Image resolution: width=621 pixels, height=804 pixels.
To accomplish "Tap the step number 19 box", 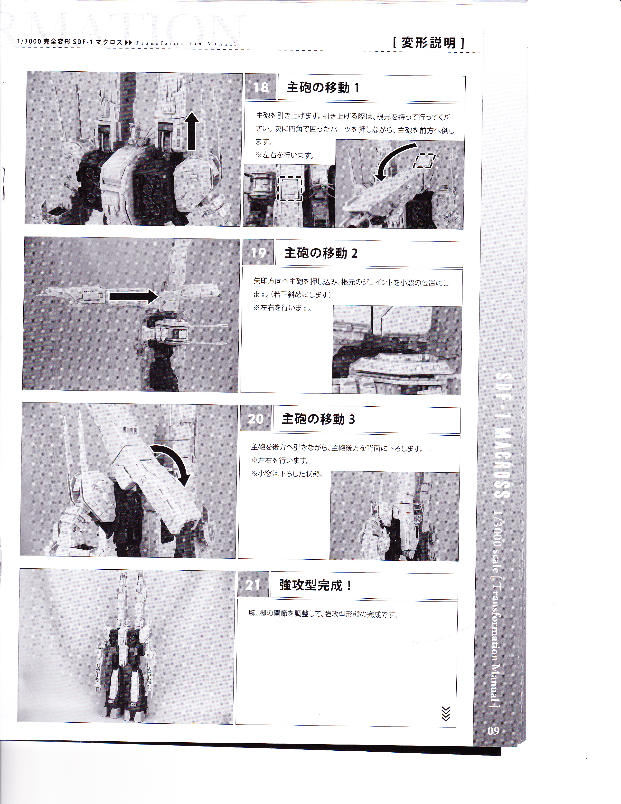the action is coord(258,253).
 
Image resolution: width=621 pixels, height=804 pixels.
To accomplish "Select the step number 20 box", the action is coord(256,419).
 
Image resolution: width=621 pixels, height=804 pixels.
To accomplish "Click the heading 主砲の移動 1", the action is coord(323,88).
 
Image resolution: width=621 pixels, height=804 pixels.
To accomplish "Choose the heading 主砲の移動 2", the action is coord(321,253).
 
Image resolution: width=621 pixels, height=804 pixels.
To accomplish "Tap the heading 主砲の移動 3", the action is coord(319,419).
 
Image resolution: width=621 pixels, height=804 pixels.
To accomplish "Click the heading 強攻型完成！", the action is coord(316,585).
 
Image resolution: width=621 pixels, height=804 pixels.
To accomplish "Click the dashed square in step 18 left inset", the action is coord(290,189).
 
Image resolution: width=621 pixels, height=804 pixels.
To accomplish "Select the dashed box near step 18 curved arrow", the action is coord(425,161).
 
